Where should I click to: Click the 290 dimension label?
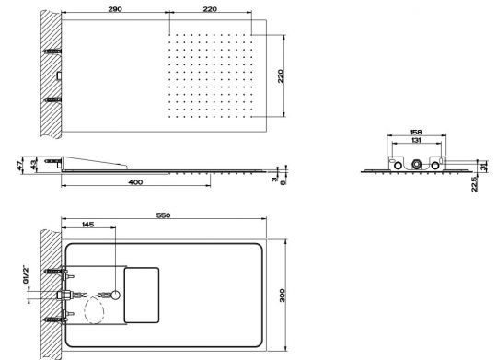click(115, 9)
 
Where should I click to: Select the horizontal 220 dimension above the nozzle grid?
click(210, 9)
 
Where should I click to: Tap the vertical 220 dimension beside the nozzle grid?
click(281, 76)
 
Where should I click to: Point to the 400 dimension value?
click(135, 182)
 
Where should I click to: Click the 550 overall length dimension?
click(163, 215)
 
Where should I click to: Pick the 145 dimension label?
click(87, 225)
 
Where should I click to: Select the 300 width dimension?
click(283, 296)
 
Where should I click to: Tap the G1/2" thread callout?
click(26, 275)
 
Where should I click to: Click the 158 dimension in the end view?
click(416, 132)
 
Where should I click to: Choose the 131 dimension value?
click(416, 140)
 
